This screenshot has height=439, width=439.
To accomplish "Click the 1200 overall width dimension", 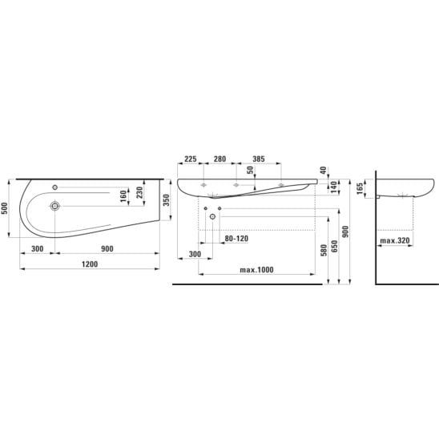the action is pos(90,264).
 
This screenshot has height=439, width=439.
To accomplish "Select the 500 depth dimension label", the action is pos(5,208).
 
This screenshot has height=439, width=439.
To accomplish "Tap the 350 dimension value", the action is pos(167,200).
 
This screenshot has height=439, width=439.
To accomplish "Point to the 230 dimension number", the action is pos(139,192).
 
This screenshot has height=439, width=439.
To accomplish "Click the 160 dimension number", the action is pos(123,196).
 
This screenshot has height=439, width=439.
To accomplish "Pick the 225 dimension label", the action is pos(191,159).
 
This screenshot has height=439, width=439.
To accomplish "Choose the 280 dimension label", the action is pos(219,159).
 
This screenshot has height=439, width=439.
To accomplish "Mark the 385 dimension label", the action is pos(259,159).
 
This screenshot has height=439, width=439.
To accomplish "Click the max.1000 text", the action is pos(256,270).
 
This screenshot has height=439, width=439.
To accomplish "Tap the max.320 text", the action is pos(395,240).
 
